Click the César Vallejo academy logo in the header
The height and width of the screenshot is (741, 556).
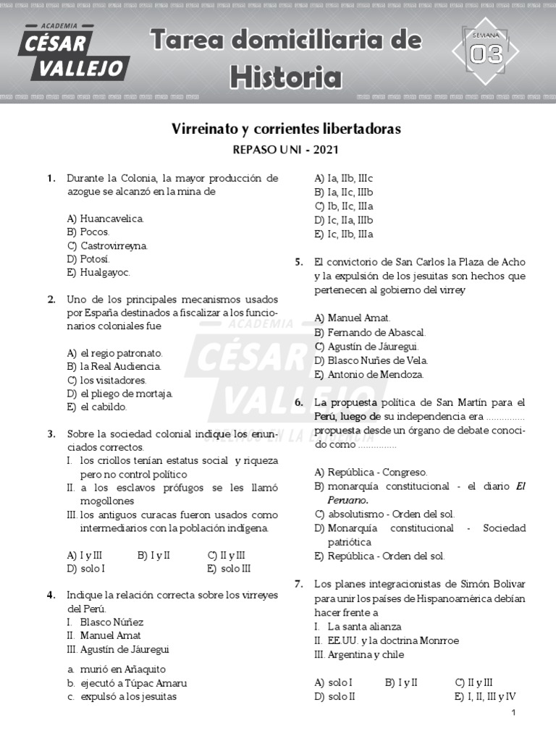[75, 53]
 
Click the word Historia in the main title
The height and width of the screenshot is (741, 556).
[286, 76]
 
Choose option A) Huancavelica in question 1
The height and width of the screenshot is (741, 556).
[106, 219]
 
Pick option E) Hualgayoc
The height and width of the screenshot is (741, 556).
[98, 273]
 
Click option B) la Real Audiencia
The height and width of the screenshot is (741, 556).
[114, 367]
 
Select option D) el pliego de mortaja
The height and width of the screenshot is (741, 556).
[119, 394]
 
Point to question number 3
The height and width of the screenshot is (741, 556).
[51, 434]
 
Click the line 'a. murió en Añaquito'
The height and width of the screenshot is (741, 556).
[116, 669]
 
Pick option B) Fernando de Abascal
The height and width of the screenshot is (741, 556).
[370, 332]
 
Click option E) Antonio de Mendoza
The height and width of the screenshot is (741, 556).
[368, 374]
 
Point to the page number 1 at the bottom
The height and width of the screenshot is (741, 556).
[513, 714]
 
